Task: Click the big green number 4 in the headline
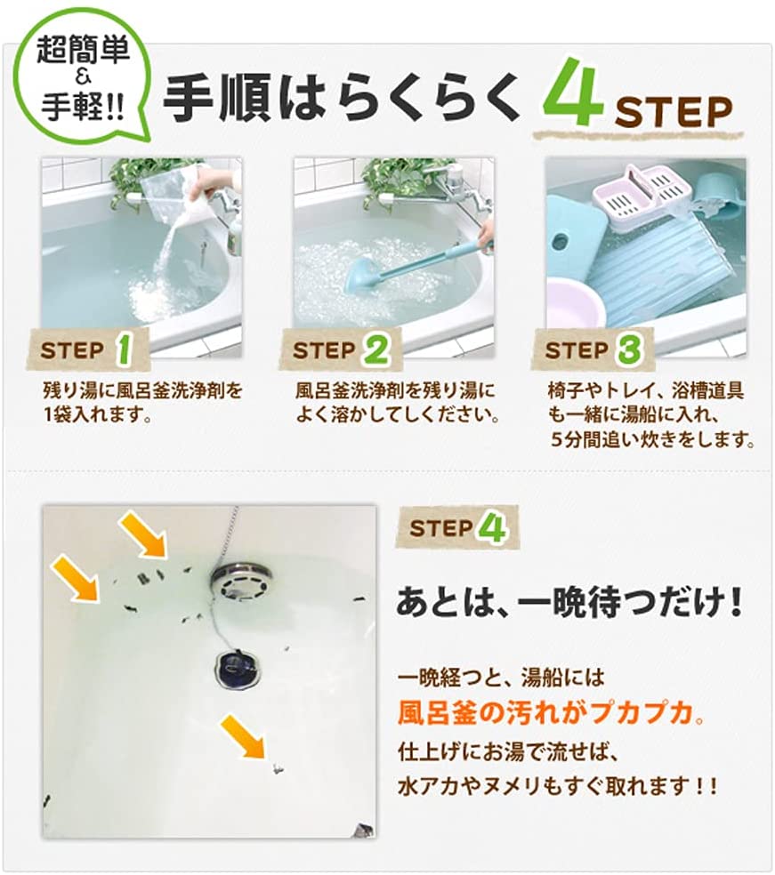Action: point(574,92)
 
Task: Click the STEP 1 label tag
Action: point(88,349)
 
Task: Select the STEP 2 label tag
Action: point(341,349)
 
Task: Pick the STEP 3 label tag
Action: point(593,349)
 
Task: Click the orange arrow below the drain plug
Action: point(244,738)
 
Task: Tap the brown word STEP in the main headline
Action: point(674,112)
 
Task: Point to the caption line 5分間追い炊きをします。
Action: point(653,440)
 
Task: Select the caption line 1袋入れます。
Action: point(98,415)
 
